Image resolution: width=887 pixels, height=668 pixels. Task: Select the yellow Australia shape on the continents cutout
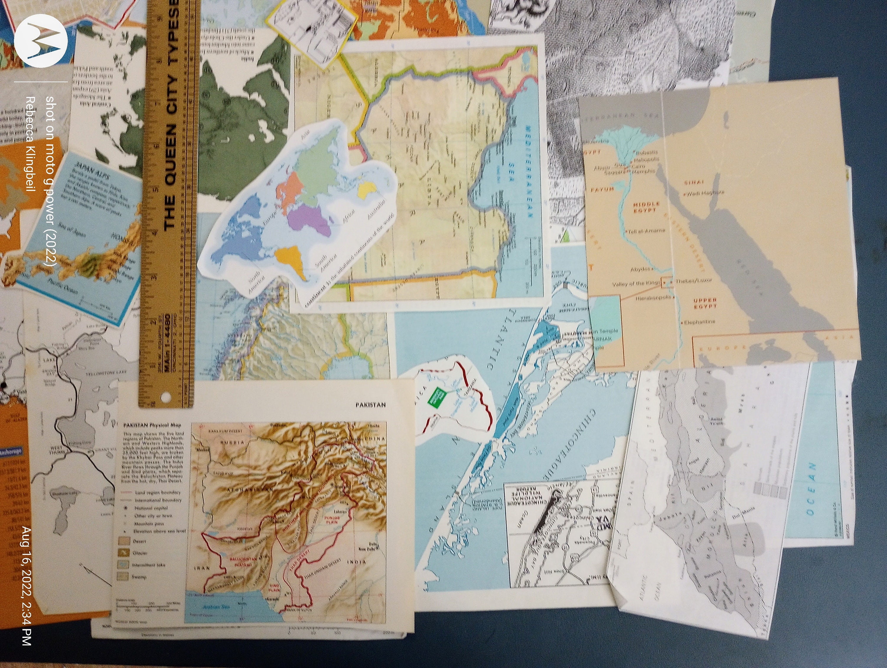(366, 190)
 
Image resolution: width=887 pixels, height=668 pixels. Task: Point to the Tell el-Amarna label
(646, 231)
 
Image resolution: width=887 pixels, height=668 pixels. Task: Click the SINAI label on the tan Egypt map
(694, 183)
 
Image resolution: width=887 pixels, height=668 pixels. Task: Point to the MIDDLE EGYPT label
(646, 207)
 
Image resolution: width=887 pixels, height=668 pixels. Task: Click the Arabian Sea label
(216, 607)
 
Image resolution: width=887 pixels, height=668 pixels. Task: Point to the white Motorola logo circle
(41, 41)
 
